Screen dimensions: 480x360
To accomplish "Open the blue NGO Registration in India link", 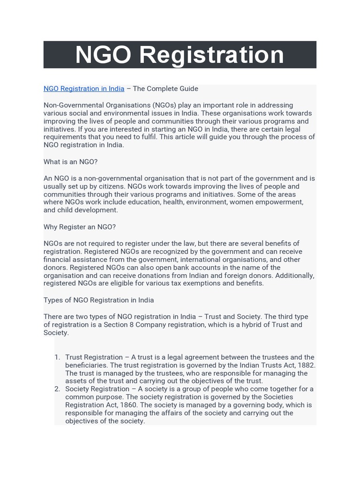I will pos(84,89).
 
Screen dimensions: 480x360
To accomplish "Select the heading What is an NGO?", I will pos(70,162).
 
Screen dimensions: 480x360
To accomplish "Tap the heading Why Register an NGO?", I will pos(79,227).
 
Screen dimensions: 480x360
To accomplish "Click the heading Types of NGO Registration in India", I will pos(98,300).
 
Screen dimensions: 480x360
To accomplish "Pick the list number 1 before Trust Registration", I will pos(57,357).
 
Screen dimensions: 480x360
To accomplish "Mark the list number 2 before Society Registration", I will pos(57,389).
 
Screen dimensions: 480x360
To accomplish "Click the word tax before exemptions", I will pos(172,283).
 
